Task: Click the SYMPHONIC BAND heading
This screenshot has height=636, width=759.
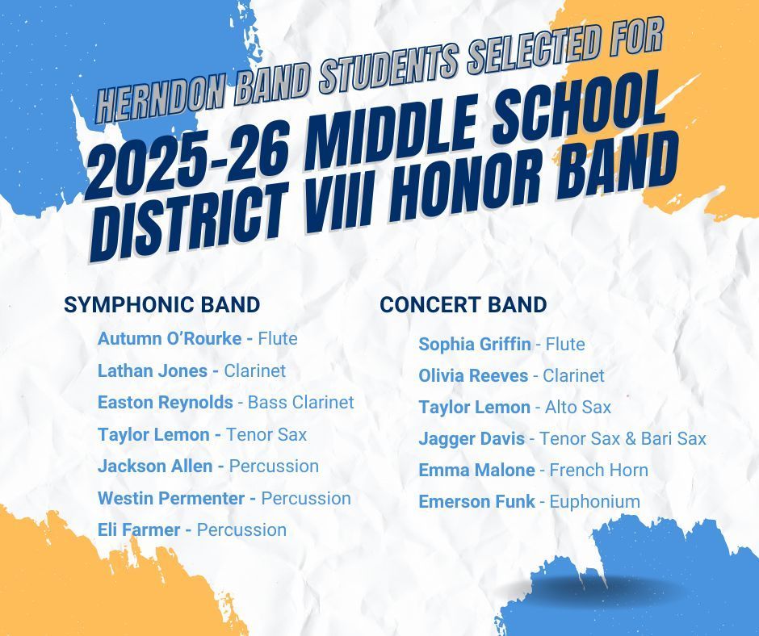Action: point(161,304)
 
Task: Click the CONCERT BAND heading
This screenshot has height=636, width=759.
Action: point(463,304)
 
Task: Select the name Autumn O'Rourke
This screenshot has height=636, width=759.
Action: point(170,338)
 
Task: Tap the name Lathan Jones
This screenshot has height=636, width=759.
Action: point(153,370)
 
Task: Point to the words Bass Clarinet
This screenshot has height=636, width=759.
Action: point(300,402)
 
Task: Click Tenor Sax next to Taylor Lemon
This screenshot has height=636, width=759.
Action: point(266,434)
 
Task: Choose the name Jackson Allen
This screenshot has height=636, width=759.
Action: point(156,466)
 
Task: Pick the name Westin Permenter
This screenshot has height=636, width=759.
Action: point(171,498)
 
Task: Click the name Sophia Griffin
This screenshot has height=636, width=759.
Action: point(475,344)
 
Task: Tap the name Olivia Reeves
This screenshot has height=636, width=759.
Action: point(473,375)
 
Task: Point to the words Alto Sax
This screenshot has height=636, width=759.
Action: point(578,407)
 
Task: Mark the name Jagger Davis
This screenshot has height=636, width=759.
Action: point(472,438)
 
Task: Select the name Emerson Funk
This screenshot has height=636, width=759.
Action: point(476,501)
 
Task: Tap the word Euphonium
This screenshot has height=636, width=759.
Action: point(594,501)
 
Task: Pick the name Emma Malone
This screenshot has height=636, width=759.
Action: point(476,470)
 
